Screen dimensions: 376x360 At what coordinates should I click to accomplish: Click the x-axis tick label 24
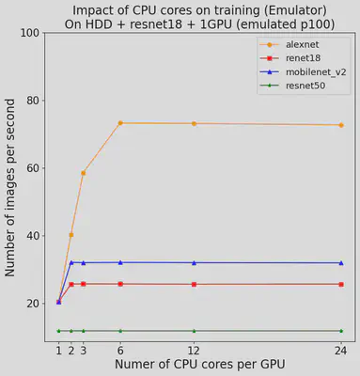tap(341, 350)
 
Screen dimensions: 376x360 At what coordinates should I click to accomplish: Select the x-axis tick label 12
tap(194, 350)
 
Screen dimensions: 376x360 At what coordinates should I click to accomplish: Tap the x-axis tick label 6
tap(120, 350)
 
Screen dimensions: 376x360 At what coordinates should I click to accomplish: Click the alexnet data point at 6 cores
tap(120, 123)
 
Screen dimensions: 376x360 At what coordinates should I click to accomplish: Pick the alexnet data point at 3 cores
tap(83, 173)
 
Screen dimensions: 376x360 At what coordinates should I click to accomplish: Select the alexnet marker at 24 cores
tap(341, 125)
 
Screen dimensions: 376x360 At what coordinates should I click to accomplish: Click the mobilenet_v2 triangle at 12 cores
tap(194, 262)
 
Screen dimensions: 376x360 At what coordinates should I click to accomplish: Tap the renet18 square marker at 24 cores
tap(341, 284)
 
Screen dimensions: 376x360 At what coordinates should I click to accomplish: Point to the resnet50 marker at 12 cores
tap(194, 331)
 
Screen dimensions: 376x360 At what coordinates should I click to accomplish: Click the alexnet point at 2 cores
tap(70, 235)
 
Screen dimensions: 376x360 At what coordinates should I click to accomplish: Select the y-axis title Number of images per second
tap(10, 188)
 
